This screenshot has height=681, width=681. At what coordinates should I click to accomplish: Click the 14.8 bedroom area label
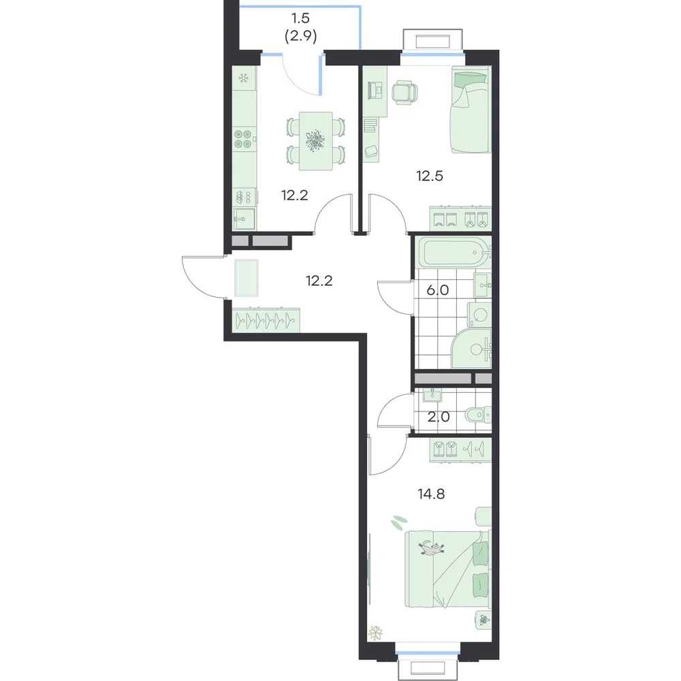[431, 494]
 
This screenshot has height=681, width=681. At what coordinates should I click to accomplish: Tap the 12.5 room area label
[430, 176]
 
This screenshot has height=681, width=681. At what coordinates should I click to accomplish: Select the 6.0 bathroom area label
[437, 290]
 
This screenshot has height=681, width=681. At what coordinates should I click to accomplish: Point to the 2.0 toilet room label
[438, 417]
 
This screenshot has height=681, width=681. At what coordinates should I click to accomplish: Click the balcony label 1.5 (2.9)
[300, 27]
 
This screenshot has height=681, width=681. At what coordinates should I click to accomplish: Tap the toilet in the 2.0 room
[478, 415]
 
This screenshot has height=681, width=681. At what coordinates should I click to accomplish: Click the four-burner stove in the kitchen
[243, 138]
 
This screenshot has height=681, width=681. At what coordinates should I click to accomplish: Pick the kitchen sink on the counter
[244, 218]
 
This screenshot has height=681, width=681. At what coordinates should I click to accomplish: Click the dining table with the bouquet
[316, 141]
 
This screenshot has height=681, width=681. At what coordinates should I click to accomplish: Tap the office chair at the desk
[405, 93]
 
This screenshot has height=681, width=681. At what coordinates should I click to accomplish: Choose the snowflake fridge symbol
[244, 78]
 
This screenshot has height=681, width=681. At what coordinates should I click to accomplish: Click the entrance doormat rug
[247, 278]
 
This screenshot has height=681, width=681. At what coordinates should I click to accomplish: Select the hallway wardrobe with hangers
[266, 320]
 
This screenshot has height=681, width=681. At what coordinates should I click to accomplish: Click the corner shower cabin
[472, 348]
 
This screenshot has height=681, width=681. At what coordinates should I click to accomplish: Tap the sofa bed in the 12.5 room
[471, 110]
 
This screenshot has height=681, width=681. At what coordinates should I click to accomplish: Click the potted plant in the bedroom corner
[375, 633]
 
